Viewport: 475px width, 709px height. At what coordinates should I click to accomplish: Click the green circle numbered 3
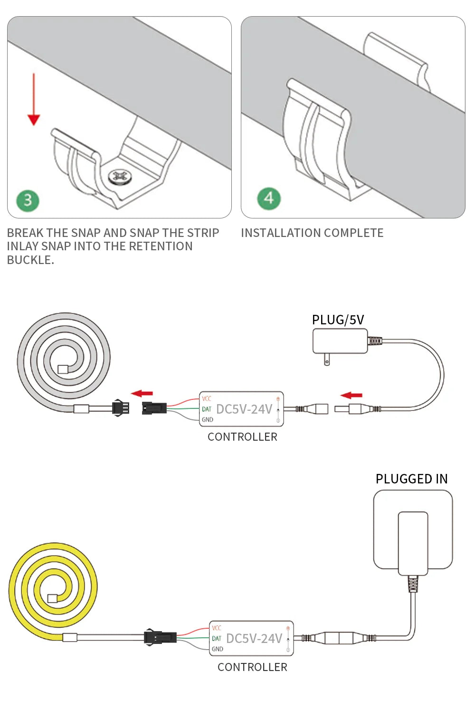28,200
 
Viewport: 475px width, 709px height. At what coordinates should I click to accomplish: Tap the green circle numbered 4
269,199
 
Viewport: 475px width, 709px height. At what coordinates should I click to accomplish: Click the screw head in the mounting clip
119,177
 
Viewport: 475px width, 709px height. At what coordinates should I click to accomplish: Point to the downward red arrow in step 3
34,100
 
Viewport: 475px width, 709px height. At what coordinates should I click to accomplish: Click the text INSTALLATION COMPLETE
312,233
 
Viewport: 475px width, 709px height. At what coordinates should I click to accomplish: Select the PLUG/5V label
338,320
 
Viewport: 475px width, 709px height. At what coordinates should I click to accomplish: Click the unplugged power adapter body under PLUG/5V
340,340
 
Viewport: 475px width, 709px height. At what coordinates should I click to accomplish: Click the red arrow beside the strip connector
142,393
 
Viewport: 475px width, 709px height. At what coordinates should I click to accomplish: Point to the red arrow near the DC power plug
351,395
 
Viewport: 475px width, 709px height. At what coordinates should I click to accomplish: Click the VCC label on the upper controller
207,398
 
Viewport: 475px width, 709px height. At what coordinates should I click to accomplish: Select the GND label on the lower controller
218,649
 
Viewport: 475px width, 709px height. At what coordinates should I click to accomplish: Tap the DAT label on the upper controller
207,409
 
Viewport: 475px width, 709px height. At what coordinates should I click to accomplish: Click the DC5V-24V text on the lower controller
254,638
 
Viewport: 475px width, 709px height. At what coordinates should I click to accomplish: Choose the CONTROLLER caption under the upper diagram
242,437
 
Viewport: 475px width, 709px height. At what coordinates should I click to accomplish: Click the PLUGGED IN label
411,479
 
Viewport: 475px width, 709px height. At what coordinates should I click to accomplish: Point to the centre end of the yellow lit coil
52,598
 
